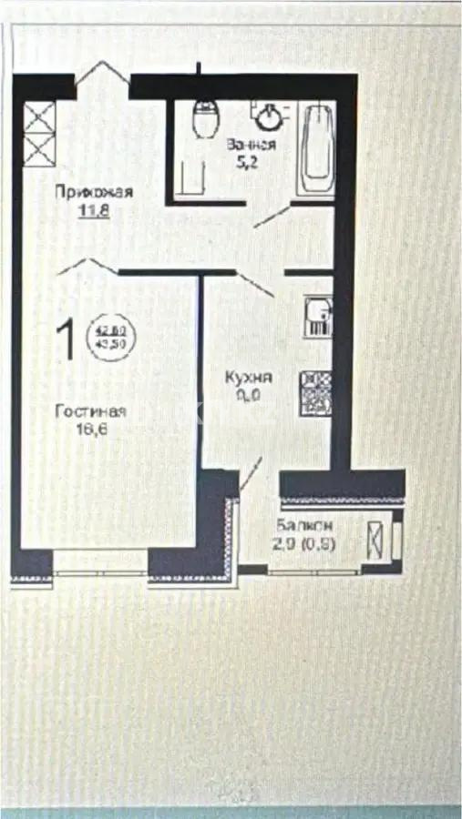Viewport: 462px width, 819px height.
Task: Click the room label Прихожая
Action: tap(94, 191)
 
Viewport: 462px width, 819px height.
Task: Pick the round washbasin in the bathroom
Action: tap(270, 116)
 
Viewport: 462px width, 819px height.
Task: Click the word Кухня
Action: tap(249, 378)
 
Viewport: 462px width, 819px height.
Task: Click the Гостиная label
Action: tap(90, 411)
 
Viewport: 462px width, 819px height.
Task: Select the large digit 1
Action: tap(66, 340)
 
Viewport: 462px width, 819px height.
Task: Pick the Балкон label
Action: tap(304, 526)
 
